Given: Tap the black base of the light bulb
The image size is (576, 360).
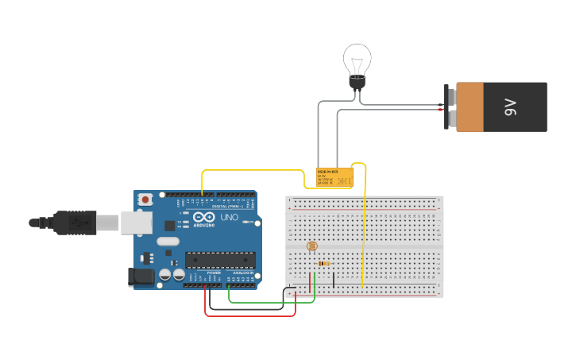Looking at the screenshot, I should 358,83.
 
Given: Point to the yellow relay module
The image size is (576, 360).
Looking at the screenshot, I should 334,177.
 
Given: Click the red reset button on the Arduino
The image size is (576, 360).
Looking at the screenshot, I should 145,199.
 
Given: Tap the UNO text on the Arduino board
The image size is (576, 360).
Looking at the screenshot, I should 229,217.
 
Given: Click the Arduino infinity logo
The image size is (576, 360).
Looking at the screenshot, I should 203,217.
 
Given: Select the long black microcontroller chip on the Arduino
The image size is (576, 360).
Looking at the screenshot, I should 220,259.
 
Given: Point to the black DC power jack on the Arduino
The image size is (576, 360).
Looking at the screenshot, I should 141,277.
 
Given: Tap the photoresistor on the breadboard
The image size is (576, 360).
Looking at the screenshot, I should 311,247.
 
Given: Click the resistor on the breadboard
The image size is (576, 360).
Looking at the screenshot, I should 323,263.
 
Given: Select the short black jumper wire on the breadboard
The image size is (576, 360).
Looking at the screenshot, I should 334,279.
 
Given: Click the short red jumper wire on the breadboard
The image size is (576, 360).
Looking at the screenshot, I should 310,282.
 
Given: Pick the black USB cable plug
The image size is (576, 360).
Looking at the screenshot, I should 75,223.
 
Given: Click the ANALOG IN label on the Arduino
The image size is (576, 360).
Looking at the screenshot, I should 243,273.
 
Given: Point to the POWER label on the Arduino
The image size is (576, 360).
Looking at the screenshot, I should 214,273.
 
